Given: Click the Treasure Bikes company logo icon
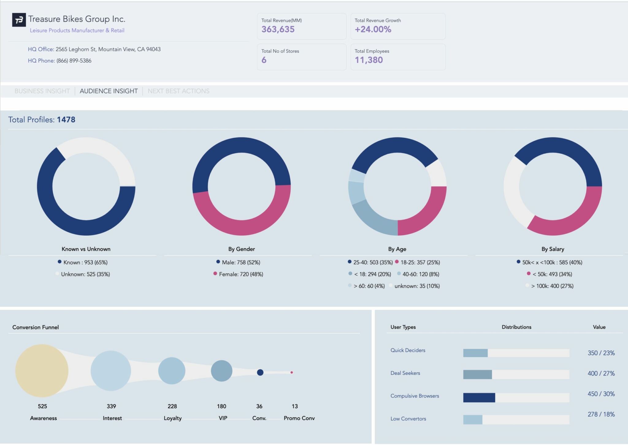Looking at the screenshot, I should (19, 20).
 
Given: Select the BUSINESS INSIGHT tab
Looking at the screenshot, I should (42, 91).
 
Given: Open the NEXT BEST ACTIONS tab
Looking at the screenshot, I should (178, 91).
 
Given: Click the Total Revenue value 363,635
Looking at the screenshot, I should (278, 29).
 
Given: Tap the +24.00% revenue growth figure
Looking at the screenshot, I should (373, 29).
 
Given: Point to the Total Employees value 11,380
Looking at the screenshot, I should (369, 60).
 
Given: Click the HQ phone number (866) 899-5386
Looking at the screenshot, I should (74, 61).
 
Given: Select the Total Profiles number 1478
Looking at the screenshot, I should (66, 120).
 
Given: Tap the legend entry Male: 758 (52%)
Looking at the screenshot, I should (241, 262).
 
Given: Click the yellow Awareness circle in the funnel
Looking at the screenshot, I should (42, 371).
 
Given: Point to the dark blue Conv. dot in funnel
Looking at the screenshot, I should (260, 372).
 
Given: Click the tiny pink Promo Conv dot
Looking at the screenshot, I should (292, 372).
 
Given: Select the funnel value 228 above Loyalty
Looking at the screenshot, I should (172, 406).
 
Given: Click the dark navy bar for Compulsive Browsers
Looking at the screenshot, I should (479, 397).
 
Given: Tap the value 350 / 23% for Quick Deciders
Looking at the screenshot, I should (601, 353).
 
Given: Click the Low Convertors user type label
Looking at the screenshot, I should (408, 419).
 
